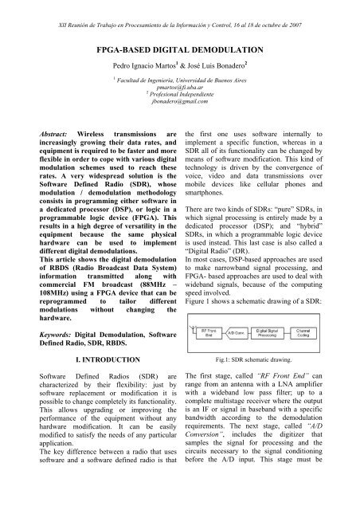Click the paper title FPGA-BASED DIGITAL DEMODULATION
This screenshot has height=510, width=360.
180,48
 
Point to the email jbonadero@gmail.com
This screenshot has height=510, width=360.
180,112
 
